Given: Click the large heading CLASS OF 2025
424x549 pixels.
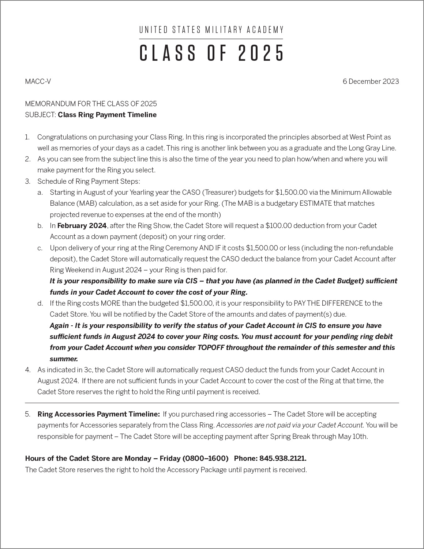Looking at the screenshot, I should tap(211, 53).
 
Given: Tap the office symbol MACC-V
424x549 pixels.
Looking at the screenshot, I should tap(38, 82).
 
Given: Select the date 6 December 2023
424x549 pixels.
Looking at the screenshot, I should tap(371, 82).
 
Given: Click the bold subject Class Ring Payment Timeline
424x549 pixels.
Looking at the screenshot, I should tap(107, 115).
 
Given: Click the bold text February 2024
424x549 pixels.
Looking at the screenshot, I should tap(82, 226).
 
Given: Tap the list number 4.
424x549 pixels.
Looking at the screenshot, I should tap(27, 370).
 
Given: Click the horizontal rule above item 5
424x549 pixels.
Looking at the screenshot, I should tap(212, 403).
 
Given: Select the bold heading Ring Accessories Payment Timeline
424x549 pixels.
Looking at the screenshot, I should tap(99, 414).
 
